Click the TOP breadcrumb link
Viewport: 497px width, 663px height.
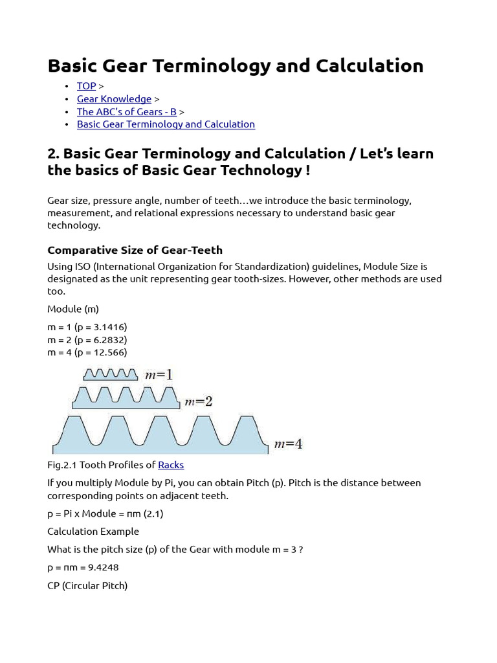86,86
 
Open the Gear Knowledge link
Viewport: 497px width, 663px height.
114,99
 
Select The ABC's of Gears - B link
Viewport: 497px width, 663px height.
126,111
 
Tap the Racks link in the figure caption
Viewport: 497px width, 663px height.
171,465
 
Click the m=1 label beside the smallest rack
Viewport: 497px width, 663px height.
159,375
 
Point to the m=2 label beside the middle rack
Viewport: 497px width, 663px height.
199,402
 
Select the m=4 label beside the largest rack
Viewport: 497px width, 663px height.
288,444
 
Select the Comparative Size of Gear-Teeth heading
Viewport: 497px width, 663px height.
135,250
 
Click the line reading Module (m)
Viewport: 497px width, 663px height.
73,309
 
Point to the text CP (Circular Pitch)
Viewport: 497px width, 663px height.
87,585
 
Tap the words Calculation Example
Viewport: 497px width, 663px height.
93,532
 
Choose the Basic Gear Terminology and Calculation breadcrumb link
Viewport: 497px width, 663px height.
166,124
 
